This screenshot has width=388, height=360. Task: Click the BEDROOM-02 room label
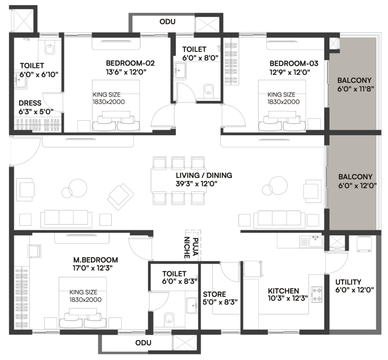click(x=130, y=63)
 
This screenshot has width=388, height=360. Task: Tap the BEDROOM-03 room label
click(x=294, y=63)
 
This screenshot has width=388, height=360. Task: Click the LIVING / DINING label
click(x=204, y=175)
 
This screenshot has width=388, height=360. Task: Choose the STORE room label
click(x=214, y=294)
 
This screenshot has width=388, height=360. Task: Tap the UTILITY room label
click(x=348, y=282)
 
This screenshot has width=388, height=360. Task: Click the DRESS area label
click(x=30, y=102)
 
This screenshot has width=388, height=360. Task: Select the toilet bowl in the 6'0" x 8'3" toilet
click(x=170, y=318)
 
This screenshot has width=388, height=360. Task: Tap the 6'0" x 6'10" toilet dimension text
click(x=39, y=74)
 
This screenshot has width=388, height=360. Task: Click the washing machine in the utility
click(x=364, y=244)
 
